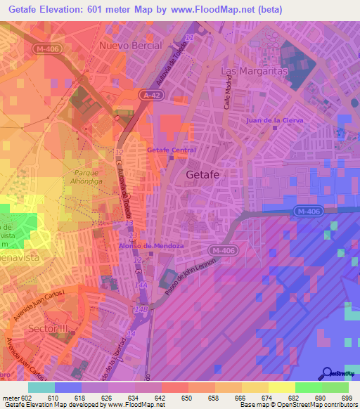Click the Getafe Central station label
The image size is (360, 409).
tap(171, 150)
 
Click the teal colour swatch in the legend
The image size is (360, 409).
tap(41, 387)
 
